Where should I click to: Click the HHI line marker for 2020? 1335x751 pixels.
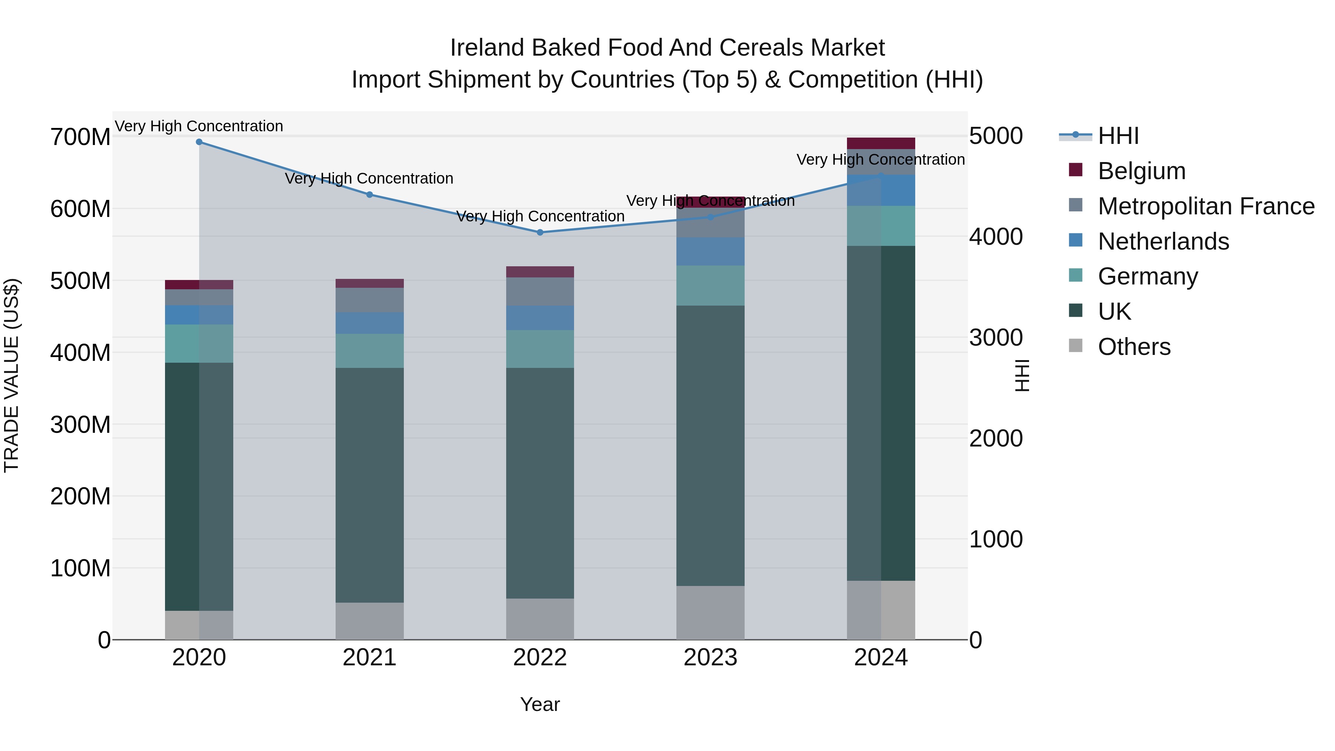tap(199, 142)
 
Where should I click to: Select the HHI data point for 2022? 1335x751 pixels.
tap(540, 233)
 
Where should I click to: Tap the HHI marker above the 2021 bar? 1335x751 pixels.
tap(369, 195)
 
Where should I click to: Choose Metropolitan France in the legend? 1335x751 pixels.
tap(1206, 206)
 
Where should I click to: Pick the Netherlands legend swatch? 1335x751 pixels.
tap(1076, 240)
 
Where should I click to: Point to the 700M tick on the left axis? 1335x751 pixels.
tap(80, 137)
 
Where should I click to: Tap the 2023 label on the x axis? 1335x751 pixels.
tap(710, 658)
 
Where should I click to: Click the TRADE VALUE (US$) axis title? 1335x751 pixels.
tap(11, 375)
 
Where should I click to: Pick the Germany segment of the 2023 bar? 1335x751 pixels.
tap(710, 286)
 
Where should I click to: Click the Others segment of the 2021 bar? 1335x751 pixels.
tap(369, 621)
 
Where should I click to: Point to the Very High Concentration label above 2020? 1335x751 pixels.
tap(199, 126)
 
